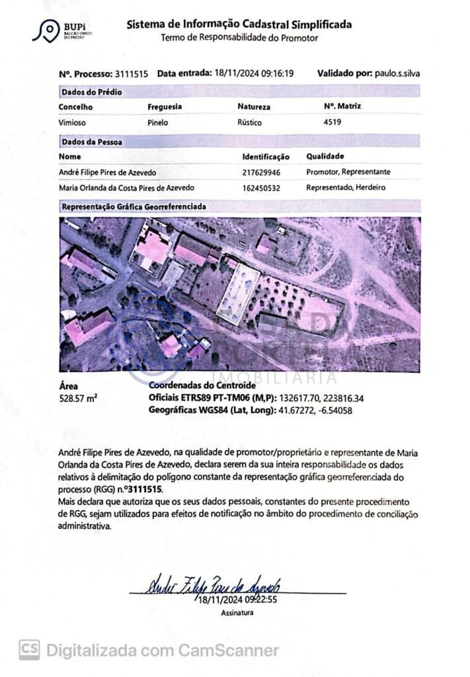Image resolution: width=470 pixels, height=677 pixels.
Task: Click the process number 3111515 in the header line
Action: coord(131,74)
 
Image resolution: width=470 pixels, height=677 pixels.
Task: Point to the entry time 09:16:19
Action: coord(277,73)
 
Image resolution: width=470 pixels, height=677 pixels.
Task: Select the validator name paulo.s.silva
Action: coord(397,73)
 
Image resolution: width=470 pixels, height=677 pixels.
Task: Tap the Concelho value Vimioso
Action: coord(72,123)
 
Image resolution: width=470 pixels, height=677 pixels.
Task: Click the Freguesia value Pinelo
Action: coord(158,123)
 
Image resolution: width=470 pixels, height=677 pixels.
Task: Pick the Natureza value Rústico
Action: coord(249,123)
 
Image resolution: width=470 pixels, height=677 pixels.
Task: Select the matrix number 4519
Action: coord(332,122)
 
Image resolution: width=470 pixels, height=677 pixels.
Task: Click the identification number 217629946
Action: coord(261,172)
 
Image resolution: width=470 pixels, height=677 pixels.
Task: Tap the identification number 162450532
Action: coord(261,188)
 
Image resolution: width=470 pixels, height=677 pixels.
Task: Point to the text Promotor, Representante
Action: coord(348,172)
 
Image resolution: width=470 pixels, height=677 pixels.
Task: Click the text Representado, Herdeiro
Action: coord(346,188)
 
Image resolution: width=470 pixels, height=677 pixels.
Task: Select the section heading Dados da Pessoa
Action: coord(92,142)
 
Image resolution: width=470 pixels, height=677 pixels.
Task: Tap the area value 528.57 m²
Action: coord(78,399)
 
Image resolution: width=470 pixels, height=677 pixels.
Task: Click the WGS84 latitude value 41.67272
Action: coord(296,410)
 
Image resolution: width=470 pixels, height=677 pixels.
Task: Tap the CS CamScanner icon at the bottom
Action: coord(29,651)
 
